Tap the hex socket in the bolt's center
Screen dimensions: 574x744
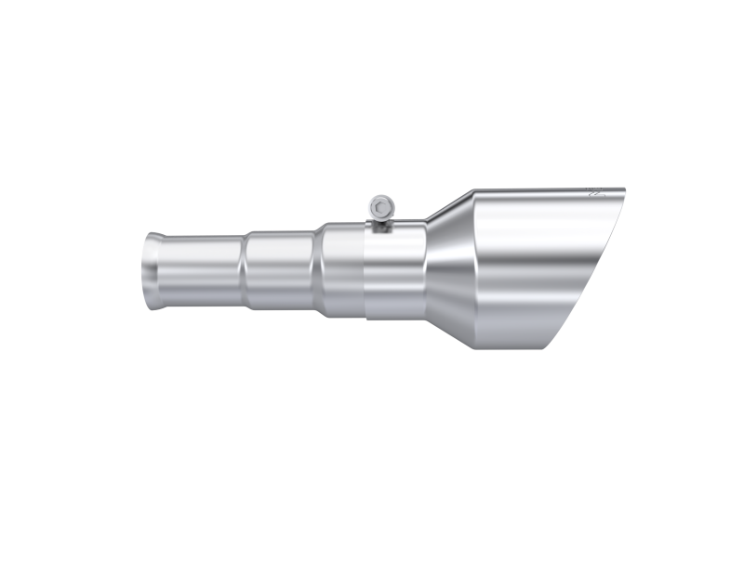(x=379, y=204)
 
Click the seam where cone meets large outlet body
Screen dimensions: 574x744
(x=477, y=269)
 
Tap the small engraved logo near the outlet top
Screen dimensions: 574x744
(x=596, y=195)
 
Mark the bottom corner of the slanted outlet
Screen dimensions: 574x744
(x=559, y=351)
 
